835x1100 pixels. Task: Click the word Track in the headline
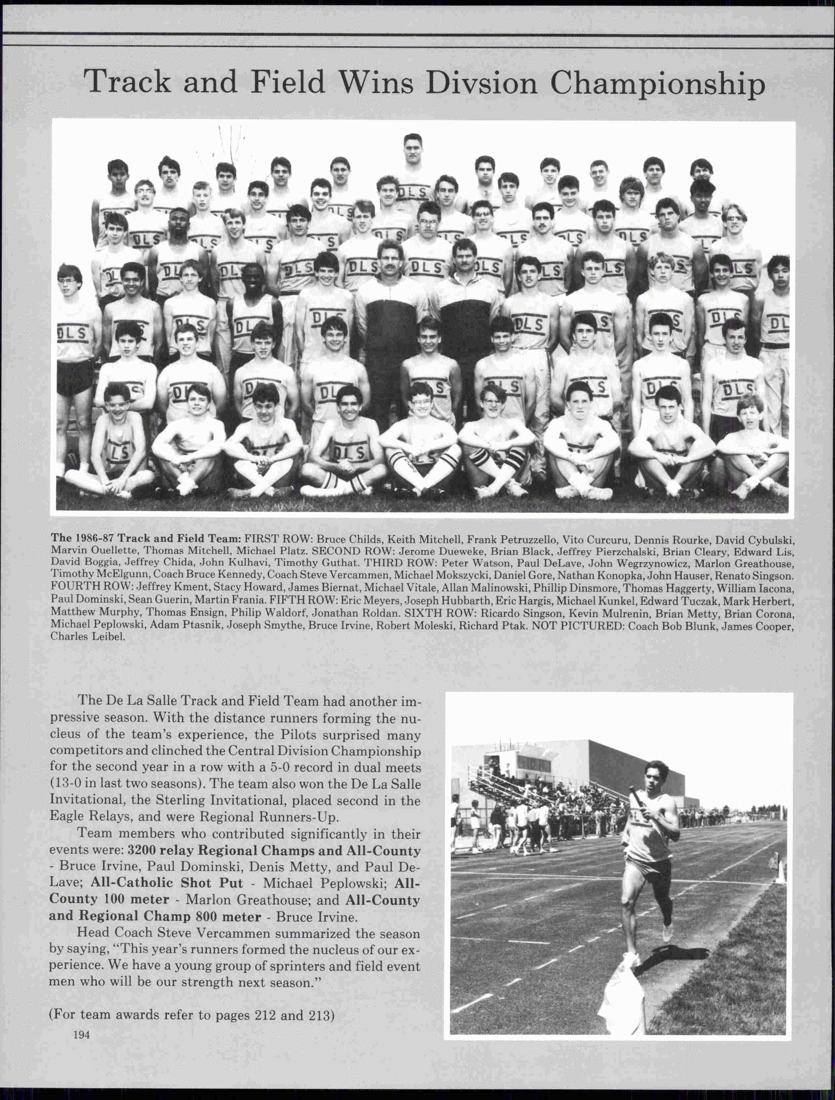pyautogui.click(x=128, y=82)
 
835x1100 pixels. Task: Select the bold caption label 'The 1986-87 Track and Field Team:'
pyautogui.click(x=146, y=538)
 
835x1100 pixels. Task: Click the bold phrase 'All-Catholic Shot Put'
pyautogui.click(x=167, y=883)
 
